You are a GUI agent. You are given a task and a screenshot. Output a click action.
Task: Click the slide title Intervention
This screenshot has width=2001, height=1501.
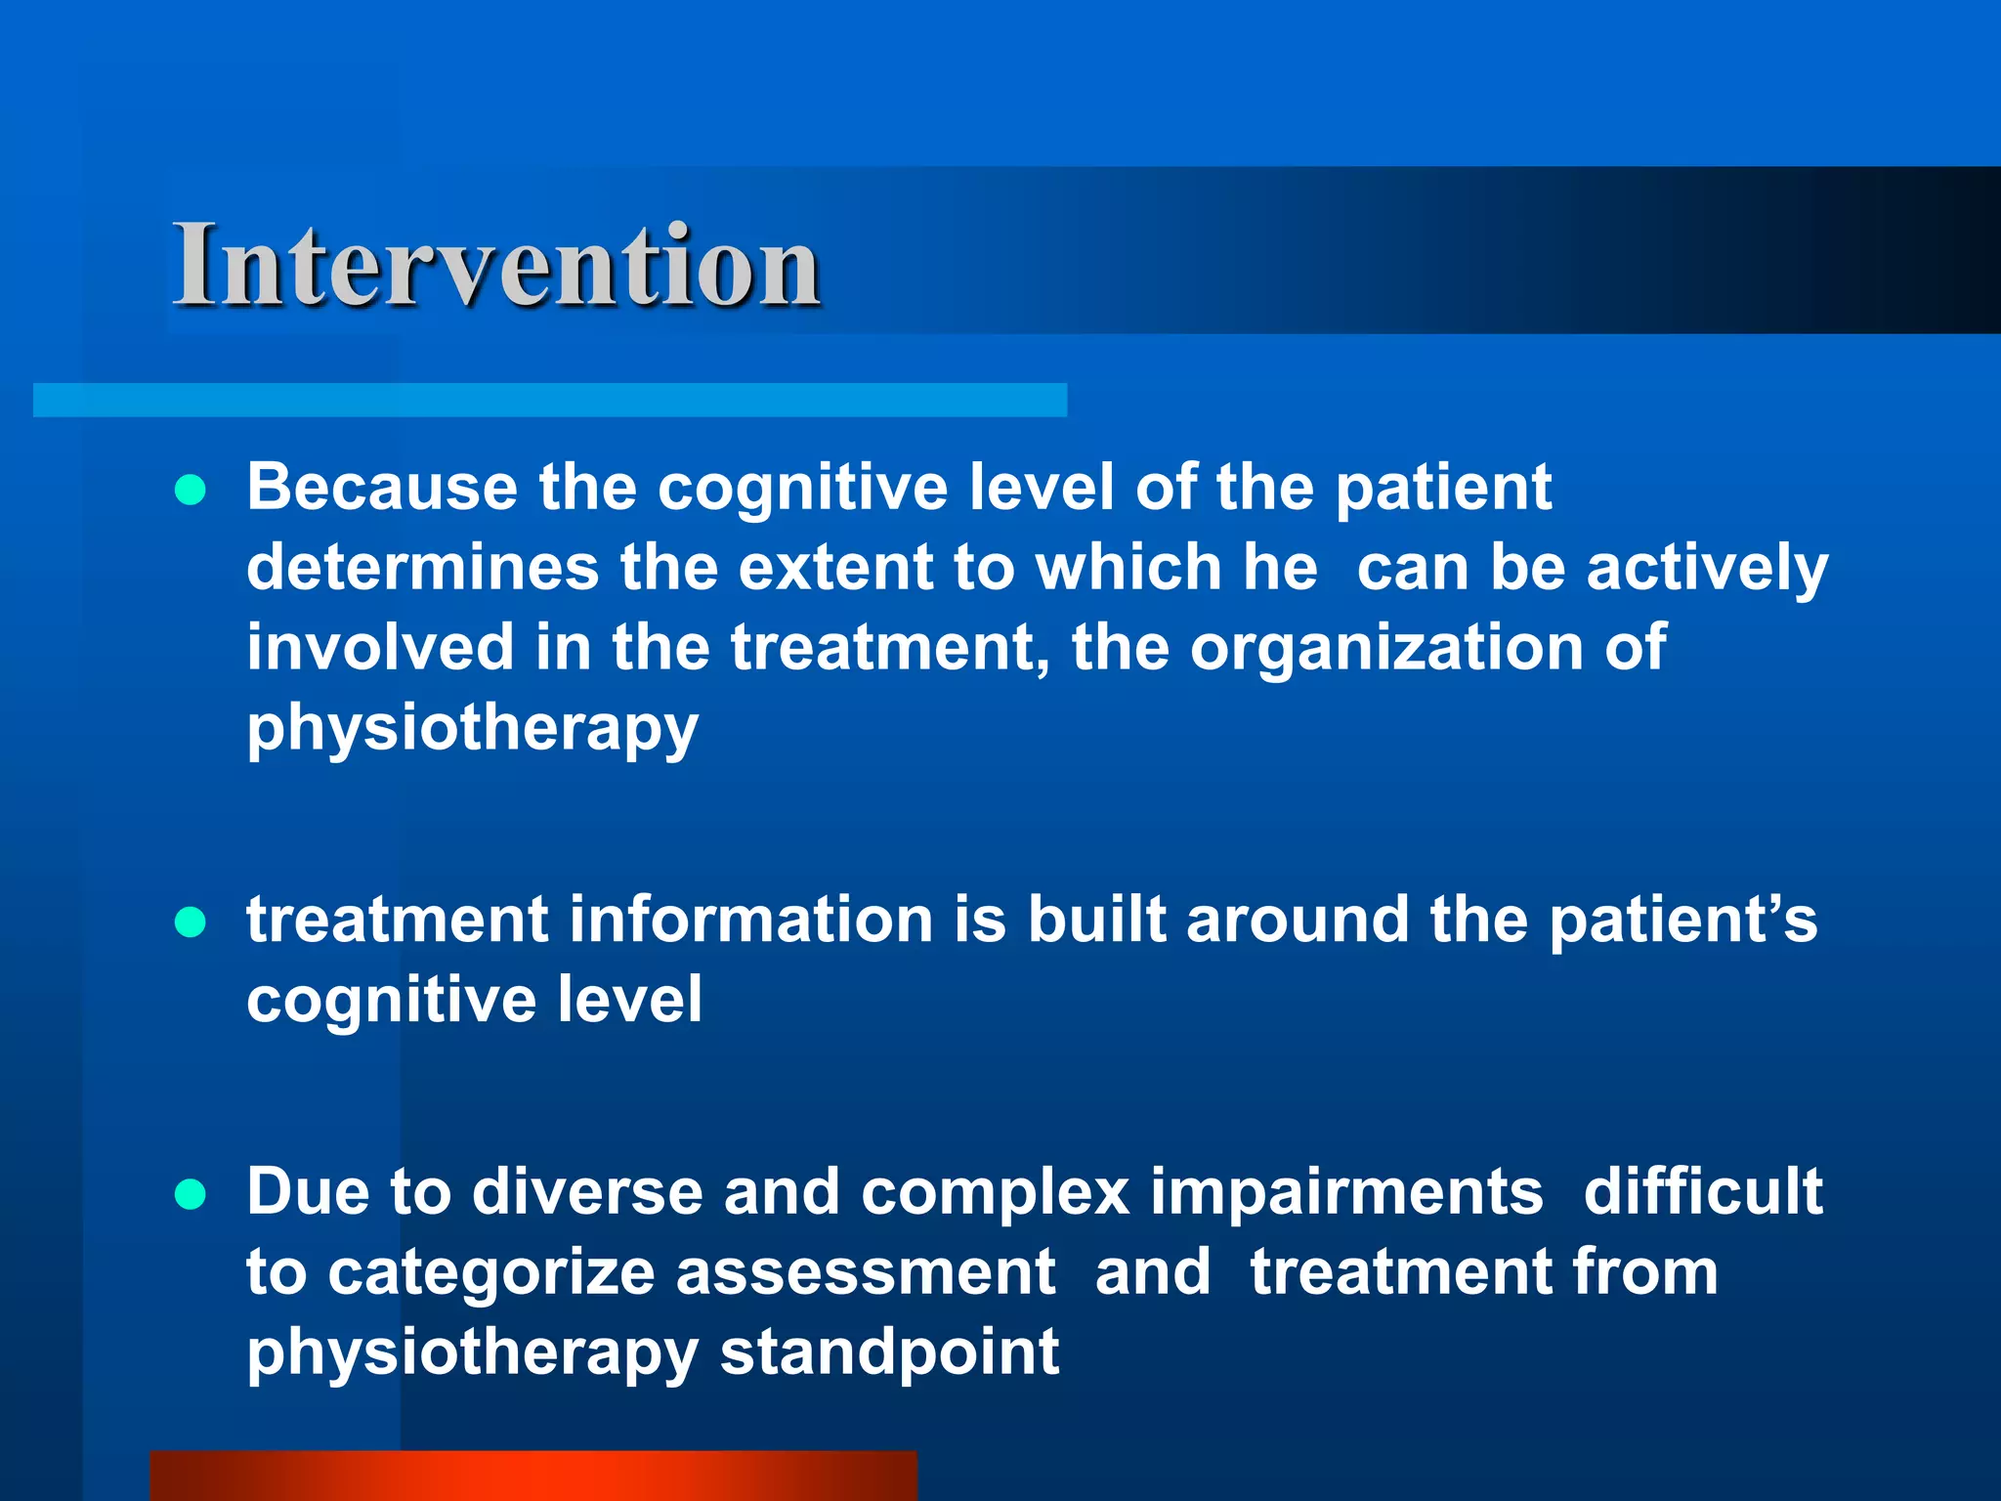pyautogui.click(x=496, y=265)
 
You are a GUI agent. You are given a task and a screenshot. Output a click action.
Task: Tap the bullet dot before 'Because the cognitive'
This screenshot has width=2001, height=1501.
pyautogui.click(x=191, y=490)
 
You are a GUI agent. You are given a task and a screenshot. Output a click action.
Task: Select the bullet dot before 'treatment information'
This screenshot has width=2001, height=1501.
pyautogui.click(x=191, y=922)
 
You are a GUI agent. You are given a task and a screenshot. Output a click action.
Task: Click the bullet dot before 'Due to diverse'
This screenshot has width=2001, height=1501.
pyautogui.click(x=191, y=1193)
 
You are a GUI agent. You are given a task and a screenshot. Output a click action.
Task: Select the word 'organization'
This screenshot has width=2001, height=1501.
pyautogui.click(x=1385, y=648)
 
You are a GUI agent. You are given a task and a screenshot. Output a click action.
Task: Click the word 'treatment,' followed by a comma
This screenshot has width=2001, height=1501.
pyautogui.click(x=890, y=648)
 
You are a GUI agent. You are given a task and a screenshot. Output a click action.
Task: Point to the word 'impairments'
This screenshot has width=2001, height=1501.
pyautogui.click(x=1346, y=1191)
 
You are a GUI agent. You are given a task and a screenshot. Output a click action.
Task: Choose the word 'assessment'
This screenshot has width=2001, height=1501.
pyautogui.click(x=866, y=1272)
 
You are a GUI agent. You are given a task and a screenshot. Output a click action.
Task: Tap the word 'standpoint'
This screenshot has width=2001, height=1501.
pyautogui.click(x=889, y=1352)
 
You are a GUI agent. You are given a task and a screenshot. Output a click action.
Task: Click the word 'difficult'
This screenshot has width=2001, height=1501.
pyautogui.click(x=1703, y=1191)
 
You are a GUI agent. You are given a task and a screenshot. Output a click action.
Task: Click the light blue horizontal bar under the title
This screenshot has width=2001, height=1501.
pyautogui.click(x=549, y=400)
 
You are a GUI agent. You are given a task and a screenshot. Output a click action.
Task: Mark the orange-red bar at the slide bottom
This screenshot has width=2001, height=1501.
pyautogui.click(x=533, y=1476)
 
